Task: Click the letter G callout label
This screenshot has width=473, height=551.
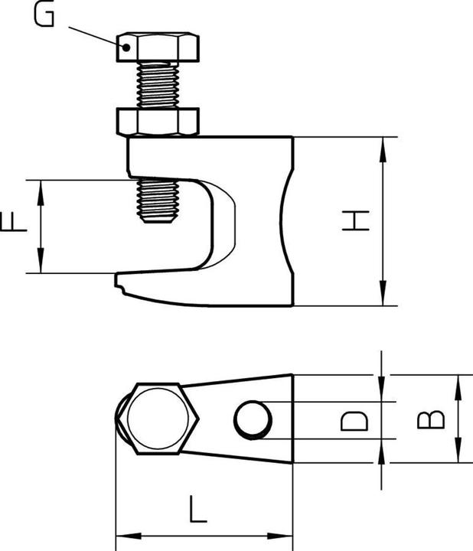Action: (46, 15)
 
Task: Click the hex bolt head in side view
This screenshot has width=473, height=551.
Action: (159, 47)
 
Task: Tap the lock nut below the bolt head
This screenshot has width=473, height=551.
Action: (158, 120)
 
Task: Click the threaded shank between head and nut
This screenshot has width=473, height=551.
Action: (159, 83)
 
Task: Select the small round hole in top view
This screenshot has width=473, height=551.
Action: (253, 420)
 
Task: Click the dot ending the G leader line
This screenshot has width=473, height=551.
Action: (127, 46)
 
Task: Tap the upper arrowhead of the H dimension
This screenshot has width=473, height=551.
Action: (380, 145)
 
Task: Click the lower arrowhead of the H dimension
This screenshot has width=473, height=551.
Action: (380, 299)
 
